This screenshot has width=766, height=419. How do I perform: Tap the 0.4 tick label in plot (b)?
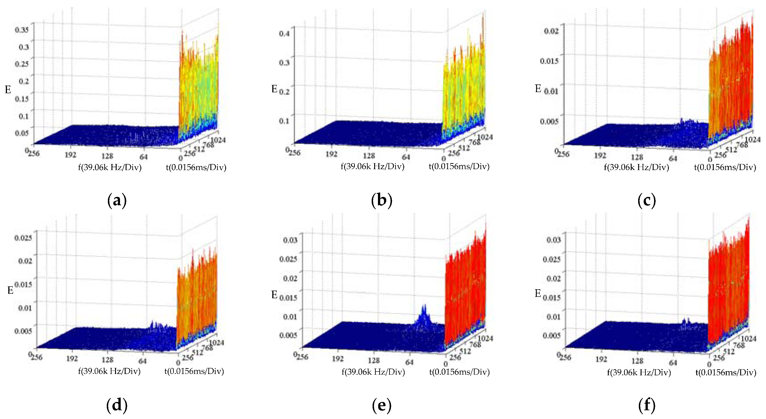pos(284,33)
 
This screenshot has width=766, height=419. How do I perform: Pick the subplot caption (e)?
pos(382,405)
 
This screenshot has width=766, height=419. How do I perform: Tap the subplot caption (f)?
pos(647,405)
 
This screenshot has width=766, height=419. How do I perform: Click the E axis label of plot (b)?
pos(274,89)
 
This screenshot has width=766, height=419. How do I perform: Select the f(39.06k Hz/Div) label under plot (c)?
pos(636,167)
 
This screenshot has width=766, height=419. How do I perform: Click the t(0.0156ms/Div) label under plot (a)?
pos(196,167)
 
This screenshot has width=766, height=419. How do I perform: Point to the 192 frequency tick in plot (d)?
pos(72,359)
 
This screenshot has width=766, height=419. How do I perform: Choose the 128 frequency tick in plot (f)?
pos(637,361)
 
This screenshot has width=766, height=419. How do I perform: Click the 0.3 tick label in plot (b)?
pos(284,63)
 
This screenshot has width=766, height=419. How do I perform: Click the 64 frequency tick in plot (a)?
pos(143,156)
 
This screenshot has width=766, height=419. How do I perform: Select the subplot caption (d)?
pos(117,405)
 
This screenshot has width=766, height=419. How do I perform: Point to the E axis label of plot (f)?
pos(538,293)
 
